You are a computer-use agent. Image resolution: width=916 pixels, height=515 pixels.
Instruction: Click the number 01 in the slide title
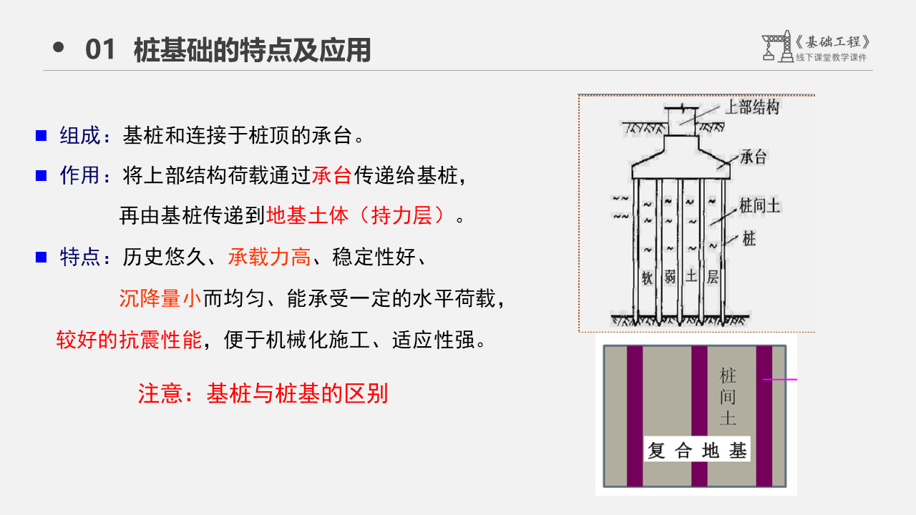99,50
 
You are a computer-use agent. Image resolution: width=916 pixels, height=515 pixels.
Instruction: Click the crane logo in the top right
776,46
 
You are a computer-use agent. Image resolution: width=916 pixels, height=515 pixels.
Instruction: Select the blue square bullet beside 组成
42,135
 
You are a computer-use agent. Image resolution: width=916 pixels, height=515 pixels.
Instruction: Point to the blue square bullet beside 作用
42,175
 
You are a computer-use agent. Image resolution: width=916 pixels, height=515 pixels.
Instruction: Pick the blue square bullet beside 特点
42,257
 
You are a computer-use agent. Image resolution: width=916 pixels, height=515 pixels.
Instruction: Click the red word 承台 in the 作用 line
332,175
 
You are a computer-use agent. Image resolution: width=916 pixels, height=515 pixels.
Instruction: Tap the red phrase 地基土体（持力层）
360,215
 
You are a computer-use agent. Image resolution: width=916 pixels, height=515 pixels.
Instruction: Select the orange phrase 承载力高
269,257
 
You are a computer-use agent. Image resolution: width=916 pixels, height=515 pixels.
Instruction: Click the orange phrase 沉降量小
160,298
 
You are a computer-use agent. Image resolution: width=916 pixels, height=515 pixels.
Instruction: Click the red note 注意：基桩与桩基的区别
263,393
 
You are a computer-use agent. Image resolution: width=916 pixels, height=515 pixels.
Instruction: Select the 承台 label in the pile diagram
753,157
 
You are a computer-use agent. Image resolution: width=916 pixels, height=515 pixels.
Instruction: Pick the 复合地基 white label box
697,450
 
